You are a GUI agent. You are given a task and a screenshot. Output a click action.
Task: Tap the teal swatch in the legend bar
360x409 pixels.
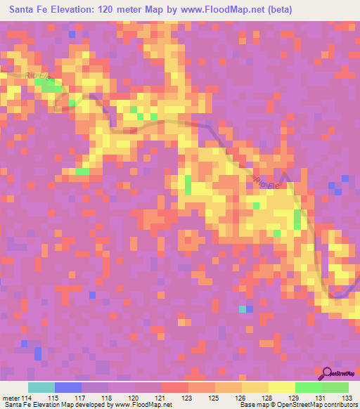[x=41, y=387]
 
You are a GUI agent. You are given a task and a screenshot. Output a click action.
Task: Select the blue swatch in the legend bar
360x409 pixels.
[x=67, y=387]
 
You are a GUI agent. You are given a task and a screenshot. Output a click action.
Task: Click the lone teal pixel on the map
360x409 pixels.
[x=243, y=309]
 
